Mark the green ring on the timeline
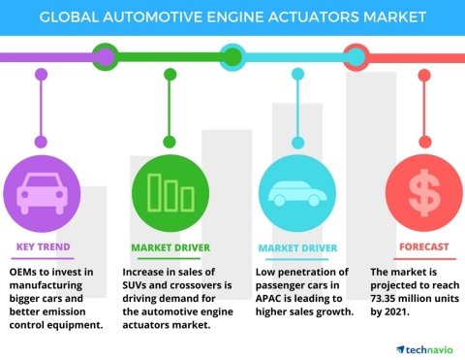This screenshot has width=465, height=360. point(104,55)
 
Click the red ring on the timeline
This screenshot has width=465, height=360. point(356,55)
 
